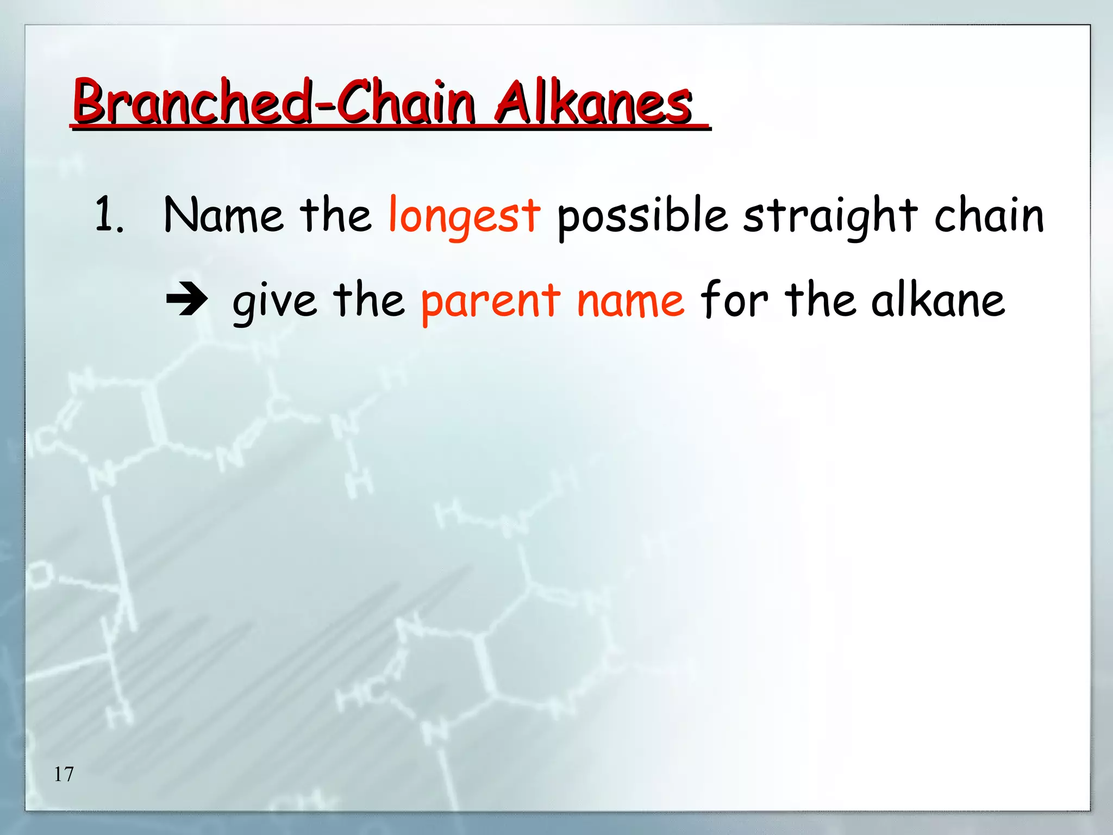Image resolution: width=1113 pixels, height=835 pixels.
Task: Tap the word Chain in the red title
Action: point(406,102)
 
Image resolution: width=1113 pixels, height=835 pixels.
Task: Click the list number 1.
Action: point(108,215)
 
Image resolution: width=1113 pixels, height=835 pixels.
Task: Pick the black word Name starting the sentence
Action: point(223,215)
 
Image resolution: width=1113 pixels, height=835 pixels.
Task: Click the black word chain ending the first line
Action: point(989,215)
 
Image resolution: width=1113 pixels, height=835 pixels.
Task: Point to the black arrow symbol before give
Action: point(186,300)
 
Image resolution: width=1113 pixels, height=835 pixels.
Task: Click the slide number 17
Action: point(64,774)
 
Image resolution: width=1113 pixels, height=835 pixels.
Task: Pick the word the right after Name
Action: point(335,215)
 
